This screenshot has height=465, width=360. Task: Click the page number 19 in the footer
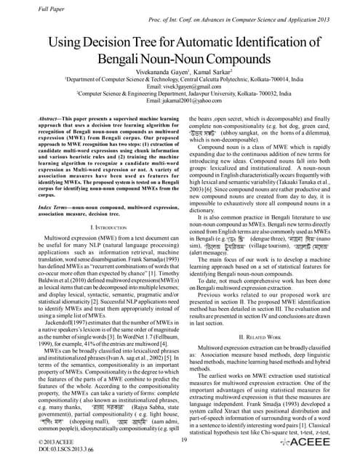click(x=183, y=438)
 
